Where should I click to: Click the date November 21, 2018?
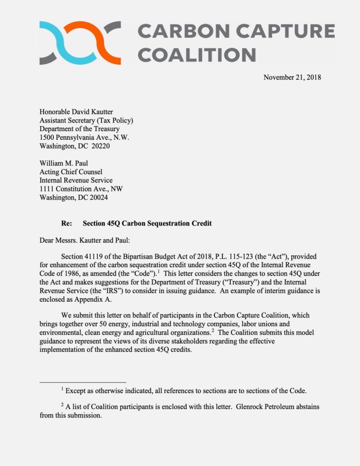click(292, 77)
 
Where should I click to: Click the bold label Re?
click(66, 223)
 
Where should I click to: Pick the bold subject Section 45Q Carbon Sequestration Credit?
click(147, 223)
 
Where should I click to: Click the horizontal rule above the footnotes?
click(82, 382)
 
